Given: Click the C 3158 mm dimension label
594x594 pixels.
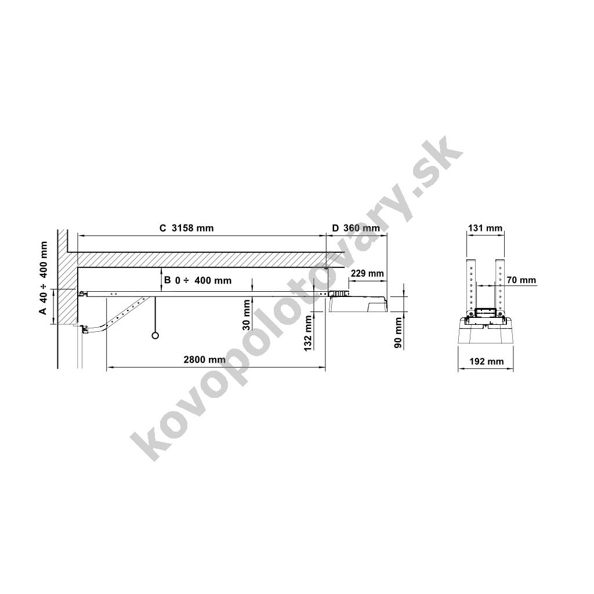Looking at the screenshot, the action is click(186, 228).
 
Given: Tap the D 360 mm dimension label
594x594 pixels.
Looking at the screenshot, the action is click(356, 228).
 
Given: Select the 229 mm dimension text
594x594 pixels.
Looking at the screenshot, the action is click(367, 274).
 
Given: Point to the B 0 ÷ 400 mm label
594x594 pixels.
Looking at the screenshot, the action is click(197, 280).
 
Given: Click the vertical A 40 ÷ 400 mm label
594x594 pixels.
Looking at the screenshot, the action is click(44, 278).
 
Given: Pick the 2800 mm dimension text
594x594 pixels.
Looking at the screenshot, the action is click(205, 360).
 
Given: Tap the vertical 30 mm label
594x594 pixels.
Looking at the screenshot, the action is click(246, 315).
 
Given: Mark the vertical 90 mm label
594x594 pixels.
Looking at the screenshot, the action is click(398, 333).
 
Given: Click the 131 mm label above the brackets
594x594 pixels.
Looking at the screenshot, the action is click(486, 228).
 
